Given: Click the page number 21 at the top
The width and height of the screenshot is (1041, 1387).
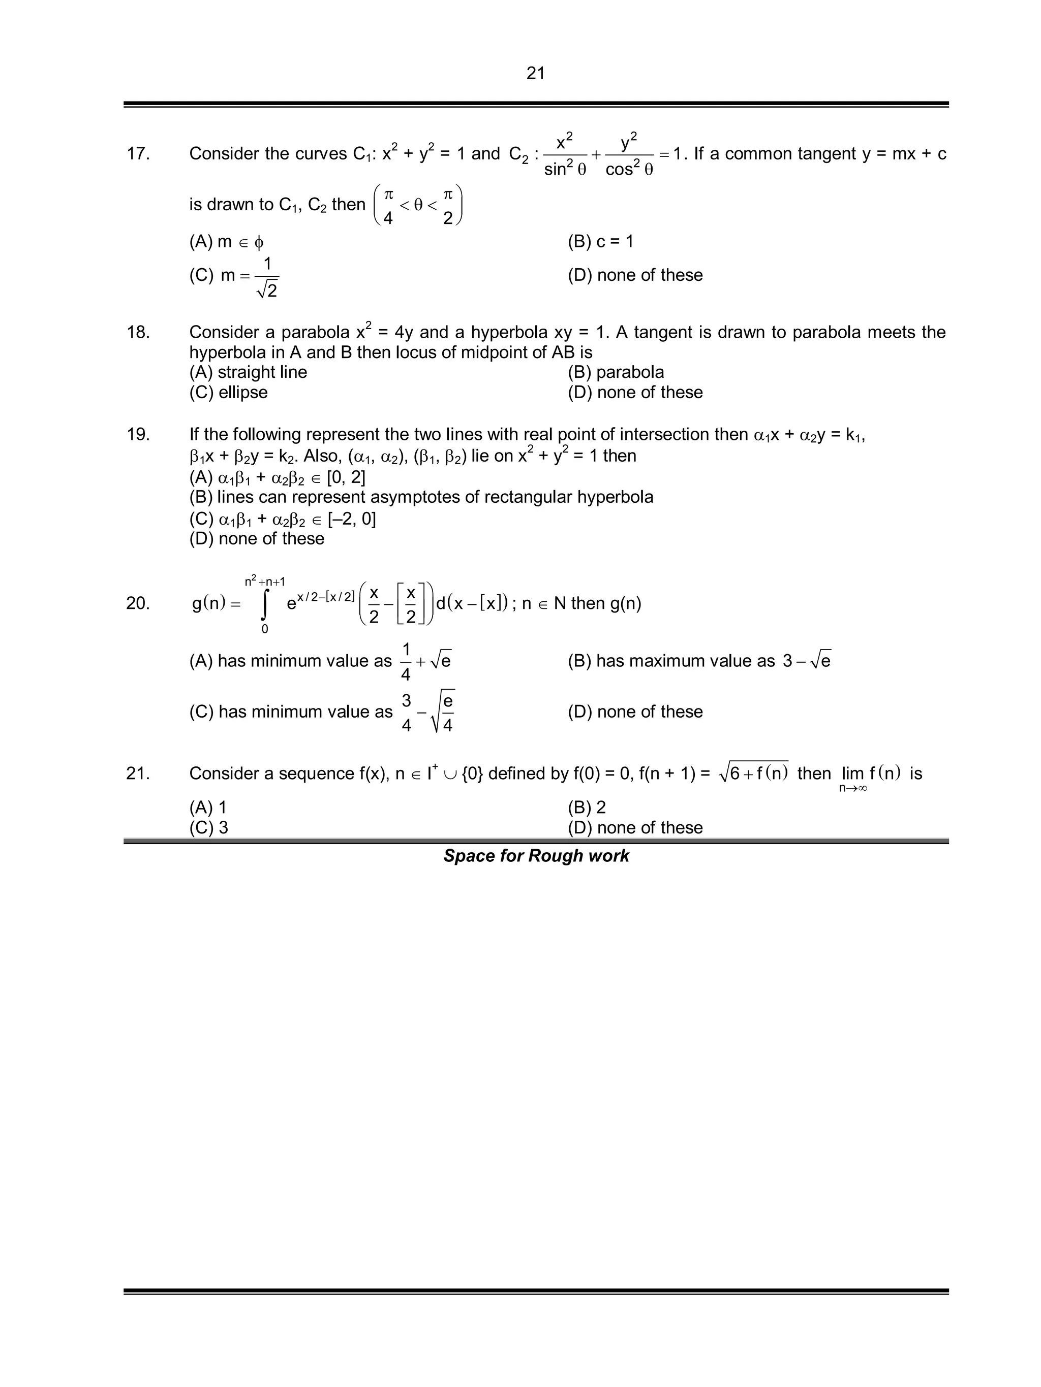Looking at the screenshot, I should pos(535,73).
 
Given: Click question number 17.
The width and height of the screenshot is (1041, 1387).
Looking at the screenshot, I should pos(138,153).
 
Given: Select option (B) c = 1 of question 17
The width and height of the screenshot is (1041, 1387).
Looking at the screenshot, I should pos(600,241).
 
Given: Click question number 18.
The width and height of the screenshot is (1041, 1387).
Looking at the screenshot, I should pos(138,332).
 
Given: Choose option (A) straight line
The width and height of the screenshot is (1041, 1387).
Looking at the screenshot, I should pos(248,372).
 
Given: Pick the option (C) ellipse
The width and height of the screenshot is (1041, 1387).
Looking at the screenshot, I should pos(228,392).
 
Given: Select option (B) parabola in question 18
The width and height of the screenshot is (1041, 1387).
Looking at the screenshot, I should pos(616,372).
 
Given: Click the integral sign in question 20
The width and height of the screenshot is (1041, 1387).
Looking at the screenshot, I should pos(265,604).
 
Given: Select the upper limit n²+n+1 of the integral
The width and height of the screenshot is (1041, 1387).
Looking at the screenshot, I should pos(265,582).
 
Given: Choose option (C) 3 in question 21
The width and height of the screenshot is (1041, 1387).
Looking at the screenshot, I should pos(209,828).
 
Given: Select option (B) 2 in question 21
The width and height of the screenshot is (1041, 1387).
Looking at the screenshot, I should pos(587,807).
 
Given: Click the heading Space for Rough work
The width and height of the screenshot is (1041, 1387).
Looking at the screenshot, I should pos(536,856).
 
